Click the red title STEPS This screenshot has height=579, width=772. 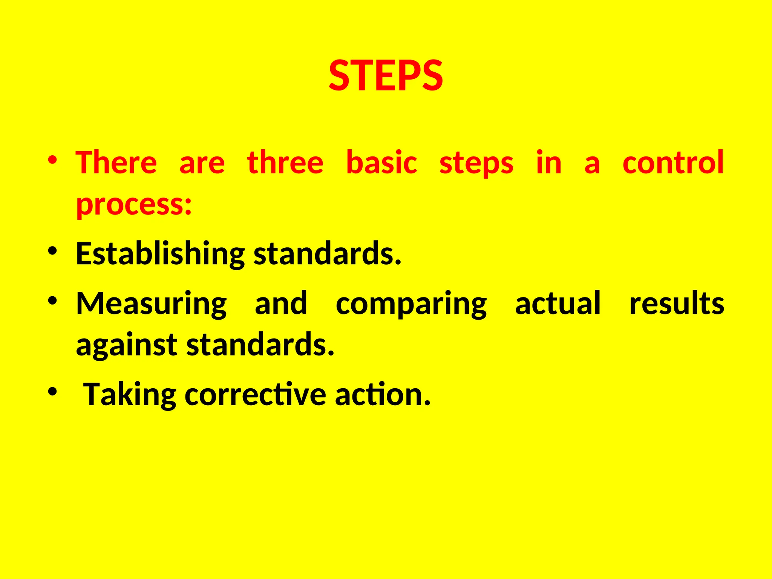386,76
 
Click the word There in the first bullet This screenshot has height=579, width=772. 116,163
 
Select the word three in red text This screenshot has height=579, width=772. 285,163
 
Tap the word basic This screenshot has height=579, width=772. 381,163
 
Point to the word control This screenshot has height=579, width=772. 673,163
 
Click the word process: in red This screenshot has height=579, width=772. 134,205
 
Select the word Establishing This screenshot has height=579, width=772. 160,254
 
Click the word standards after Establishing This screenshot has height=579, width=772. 327,254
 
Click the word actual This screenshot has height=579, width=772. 558,304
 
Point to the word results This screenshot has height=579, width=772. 677,304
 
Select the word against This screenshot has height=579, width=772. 127,345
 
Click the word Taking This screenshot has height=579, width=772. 130,395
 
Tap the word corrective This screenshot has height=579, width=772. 255,395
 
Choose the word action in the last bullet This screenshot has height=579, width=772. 382,395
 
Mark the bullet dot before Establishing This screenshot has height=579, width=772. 52,251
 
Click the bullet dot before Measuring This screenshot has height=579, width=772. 52,300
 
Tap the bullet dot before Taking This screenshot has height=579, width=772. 52,392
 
